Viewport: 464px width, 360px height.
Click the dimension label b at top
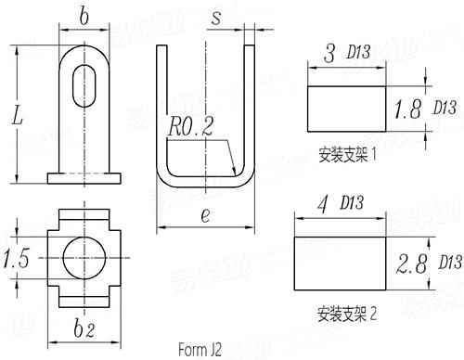tap(85, 16)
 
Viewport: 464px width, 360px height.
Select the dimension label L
tap(17, 117)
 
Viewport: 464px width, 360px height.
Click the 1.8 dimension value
tap(408, 109)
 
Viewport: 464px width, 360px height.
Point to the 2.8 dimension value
tap(409, 267)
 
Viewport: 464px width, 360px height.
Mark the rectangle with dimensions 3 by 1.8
tap(344, 109)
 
